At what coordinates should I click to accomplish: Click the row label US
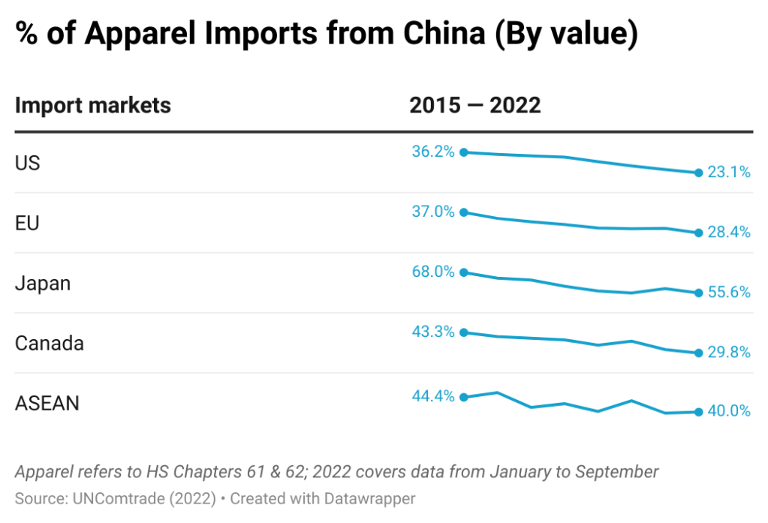(28, 163)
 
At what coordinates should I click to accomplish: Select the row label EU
(27, 223)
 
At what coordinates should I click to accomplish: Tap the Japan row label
(43, 283)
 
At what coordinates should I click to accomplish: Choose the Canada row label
(50, 343)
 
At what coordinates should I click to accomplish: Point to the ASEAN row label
(47, 403)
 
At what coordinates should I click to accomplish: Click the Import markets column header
(93, 105)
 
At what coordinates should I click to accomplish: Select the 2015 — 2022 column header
(474, 105)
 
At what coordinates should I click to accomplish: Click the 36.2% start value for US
(433, 152)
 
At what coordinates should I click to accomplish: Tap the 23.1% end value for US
(728, 173)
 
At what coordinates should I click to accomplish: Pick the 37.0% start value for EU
(433, 212)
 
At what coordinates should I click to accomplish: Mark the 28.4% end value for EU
(728, 233)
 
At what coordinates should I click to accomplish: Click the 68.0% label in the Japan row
(433, 272)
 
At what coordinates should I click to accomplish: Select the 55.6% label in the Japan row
(728, 293)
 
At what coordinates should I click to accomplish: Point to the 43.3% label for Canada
(433, 332)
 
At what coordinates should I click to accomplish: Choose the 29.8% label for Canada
(728, 353)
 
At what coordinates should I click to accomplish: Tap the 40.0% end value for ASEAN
(728, 411)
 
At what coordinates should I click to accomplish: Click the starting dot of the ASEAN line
(464, 397)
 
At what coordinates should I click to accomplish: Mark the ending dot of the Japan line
(698, 293)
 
